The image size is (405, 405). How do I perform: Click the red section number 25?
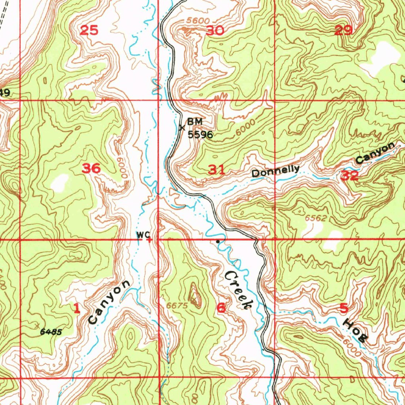pyautogui.click(x=89, y=30)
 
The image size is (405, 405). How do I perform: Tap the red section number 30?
pyautogui.click(x=215, y=30)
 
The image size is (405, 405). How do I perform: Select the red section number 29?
pyautogui.click(x=343, y=30)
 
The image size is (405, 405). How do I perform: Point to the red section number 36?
pyautogui.click(x=91, y=169)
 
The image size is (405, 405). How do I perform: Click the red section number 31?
pyautogui.click(x=217, y=170)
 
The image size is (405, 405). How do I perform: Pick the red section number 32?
pyautogui.click(x=350, y=176)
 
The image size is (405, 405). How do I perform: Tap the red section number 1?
pyautogui.click(x=77, y=308)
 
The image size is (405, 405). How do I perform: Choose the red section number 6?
pyautogui.click(x=221, y=308)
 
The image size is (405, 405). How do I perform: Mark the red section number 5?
pyautogui.click(x=344, y=308)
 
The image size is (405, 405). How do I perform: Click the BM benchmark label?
pyautogui.click(x=195, y=122)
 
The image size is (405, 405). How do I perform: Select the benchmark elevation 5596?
pyautogui.click(x=200, y=135)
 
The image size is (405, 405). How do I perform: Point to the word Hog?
pyautogui.click(x=355, y=329)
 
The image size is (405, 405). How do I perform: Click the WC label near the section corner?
pyautogui.click(x=141, y=235)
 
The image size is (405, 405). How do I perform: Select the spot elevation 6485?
pyautogui.click(x=51, y=332)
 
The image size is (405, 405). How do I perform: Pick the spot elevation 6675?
pyautogui.click(x=176, y=305)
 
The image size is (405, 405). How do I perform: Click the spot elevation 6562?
pyautogui.click(x=316, y=218)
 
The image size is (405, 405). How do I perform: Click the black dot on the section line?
pyautogui.click(x=218, y=240)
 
